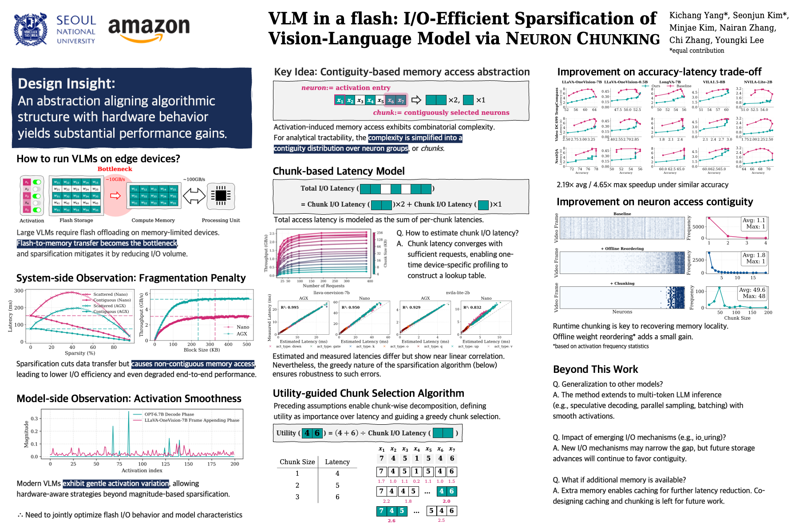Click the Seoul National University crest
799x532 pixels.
[31, 30]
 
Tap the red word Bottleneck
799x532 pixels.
[115, 169]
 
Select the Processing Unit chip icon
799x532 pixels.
[221, 196]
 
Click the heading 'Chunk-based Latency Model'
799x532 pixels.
[339, 172]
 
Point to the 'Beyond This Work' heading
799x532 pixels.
[595, 369]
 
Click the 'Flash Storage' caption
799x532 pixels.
[76, 220]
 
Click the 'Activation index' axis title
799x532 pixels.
[142, 470]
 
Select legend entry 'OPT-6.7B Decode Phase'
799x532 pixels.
[169, 415]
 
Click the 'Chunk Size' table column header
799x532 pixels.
[297, 462]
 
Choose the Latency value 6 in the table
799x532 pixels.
[337, 497]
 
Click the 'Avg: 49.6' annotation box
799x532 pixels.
[752, 293]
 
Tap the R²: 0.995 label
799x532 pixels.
[290, 307]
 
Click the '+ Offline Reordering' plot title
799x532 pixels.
[622, 249]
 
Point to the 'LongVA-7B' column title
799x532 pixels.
[670, 82]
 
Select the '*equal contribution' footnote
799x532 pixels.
[696, 51]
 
